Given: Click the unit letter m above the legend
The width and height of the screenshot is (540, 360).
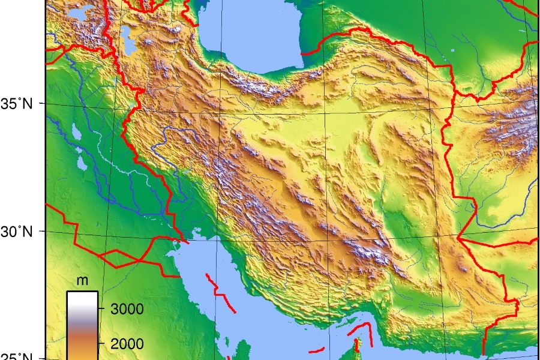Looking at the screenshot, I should point(82,281).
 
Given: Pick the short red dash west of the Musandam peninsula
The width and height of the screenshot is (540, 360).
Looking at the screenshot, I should point(317,350).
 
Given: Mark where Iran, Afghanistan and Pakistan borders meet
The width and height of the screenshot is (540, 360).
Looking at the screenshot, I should point(458,238).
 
